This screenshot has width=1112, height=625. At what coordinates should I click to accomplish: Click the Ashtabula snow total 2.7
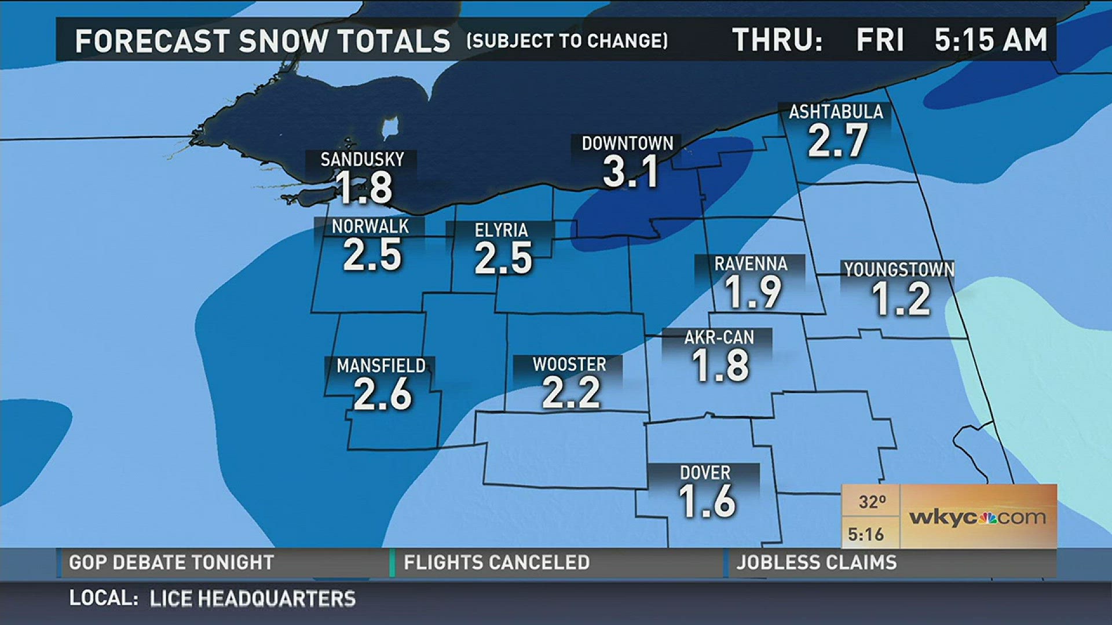837,141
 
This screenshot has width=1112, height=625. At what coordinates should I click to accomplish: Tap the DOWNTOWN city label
627,144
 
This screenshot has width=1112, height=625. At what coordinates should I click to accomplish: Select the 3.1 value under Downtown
630,172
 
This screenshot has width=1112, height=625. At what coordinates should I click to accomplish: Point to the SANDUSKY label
362,160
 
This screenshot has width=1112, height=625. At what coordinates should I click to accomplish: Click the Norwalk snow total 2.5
372,255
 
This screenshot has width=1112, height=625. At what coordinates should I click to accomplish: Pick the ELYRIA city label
501,230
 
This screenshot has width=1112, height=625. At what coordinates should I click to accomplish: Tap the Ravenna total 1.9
753,292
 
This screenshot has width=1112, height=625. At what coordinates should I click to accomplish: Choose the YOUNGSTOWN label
899,270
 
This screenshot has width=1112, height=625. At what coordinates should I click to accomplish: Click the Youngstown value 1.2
901,299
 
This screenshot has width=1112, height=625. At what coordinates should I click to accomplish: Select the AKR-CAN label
719,337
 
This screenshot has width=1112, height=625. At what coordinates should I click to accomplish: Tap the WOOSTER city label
569,365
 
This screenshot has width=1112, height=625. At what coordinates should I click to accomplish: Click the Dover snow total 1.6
707,501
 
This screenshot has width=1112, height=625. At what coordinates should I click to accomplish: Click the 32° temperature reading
872,502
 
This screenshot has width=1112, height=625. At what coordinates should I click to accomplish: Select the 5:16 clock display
866,534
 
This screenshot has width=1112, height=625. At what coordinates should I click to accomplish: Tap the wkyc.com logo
978,517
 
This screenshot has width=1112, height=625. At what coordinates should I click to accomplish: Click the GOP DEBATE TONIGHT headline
171,562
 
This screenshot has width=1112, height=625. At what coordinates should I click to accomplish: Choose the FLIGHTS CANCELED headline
496,562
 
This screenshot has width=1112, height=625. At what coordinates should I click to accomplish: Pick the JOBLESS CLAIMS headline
816,562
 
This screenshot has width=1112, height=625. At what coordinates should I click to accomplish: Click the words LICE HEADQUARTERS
253,598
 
